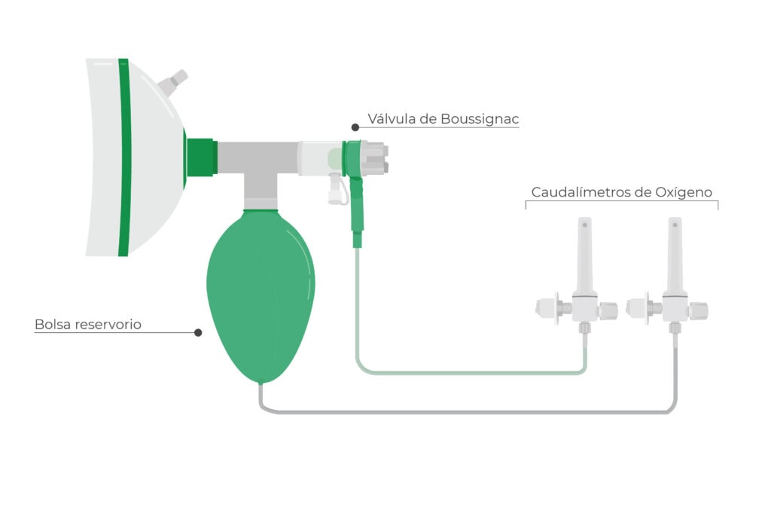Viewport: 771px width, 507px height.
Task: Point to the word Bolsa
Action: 52,325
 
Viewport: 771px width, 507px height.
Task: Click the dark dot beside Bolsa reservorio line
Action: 198,331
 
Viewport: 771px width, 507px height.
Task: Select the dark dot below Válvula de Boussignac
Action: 355,127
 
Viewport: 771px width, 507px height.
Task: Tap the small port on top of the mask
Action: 179,78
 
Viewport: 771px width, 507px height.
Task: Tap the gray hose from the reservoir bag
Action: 467,411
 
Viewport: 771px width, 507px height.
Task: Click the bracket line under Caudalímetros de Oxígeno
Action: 621,202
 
